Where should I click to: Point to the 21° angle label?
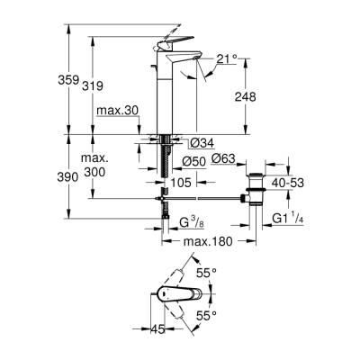tap(227, 60)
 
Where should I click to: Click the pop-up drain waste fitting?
tap(254, 190)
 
